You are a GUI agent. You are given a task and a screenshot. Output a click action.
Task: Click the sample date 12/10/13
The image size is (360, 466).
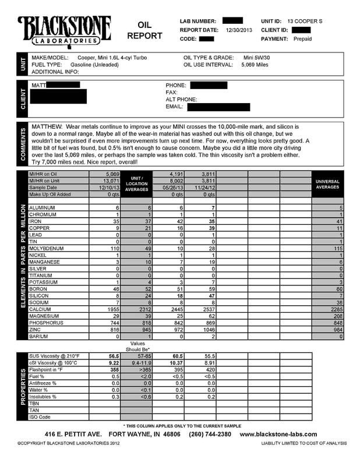pyautogui.click(x=108, y=188)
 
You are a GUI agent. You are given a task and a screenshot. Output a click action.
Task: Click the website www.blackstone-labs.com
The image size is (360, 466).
pyautogui.click(x=278, y=435)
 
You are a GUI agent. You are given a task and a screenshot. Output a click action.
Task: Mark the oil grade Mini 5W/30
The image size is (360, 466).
pyautogui.click(x=258, y=58)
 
